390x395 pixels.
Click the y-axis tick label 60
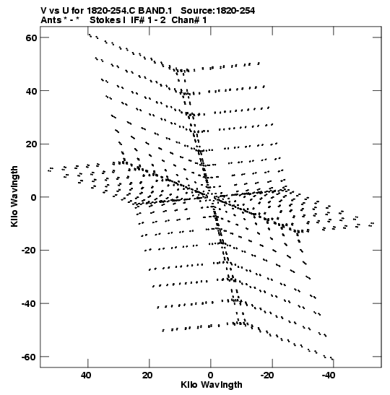(31, 38)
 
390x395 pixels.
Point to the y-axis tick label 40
(31, 91)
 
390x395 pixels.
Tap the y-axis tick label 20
(31, 144)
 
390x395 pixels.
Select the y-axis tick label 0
(34, 198)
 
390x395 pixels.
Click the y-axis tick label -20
(29, 251)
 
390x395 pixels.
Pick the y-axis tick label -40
(29, 304)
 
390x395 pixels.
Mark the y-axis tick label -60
(29, 357)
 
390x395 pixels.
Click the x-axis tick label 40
(86, 376)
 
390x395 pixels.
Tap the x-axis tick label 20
(147, 376)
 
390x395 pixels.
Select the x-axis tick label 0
(211, 376)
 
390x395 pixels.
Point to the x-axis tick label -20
(267, 376)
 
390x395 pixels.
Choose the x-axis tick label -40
(329, 376)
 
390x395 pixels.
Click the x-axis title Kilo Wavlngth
(212, 385)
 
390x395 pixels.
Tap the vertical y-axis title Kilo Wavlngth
(14, 196)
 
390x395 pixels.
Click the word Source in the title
(198, 11)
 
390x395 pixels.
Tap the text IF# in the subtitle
(138, 20)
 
